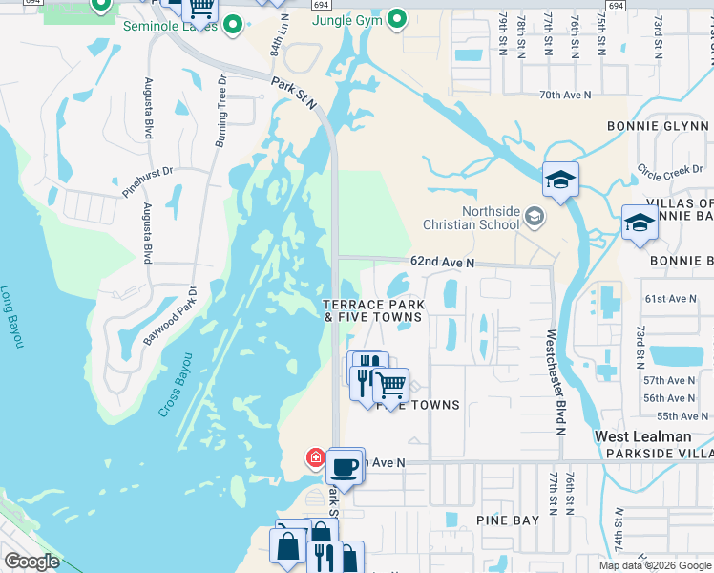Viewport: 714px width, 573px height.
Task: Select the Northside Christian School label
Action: pyautogui.click(x=474, y=219)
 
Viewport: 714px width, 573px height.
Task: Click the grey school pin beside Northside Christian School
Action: pyautogui.click(x=535, y=218)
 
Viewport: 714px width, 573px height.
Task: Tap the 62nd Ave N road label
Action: pyautogui.click(x=442, y=262)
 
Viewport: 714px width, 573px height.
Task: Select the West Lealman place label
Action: pyautogui.click(x=643, y=435)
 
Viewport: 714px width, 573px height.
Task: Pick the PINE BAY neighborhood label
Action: pyautogui.click(x=508, y=520)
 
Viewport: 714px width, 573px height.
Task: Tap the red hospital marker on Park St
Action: pyautogui.click(x=315, y=458)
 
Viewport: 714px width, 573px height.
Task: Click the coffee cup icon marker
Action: pyautogui.click(x=346, y=468)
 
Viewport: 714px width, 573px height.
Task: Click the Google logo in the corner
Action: pyautogui.click(x=31, y=562)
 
